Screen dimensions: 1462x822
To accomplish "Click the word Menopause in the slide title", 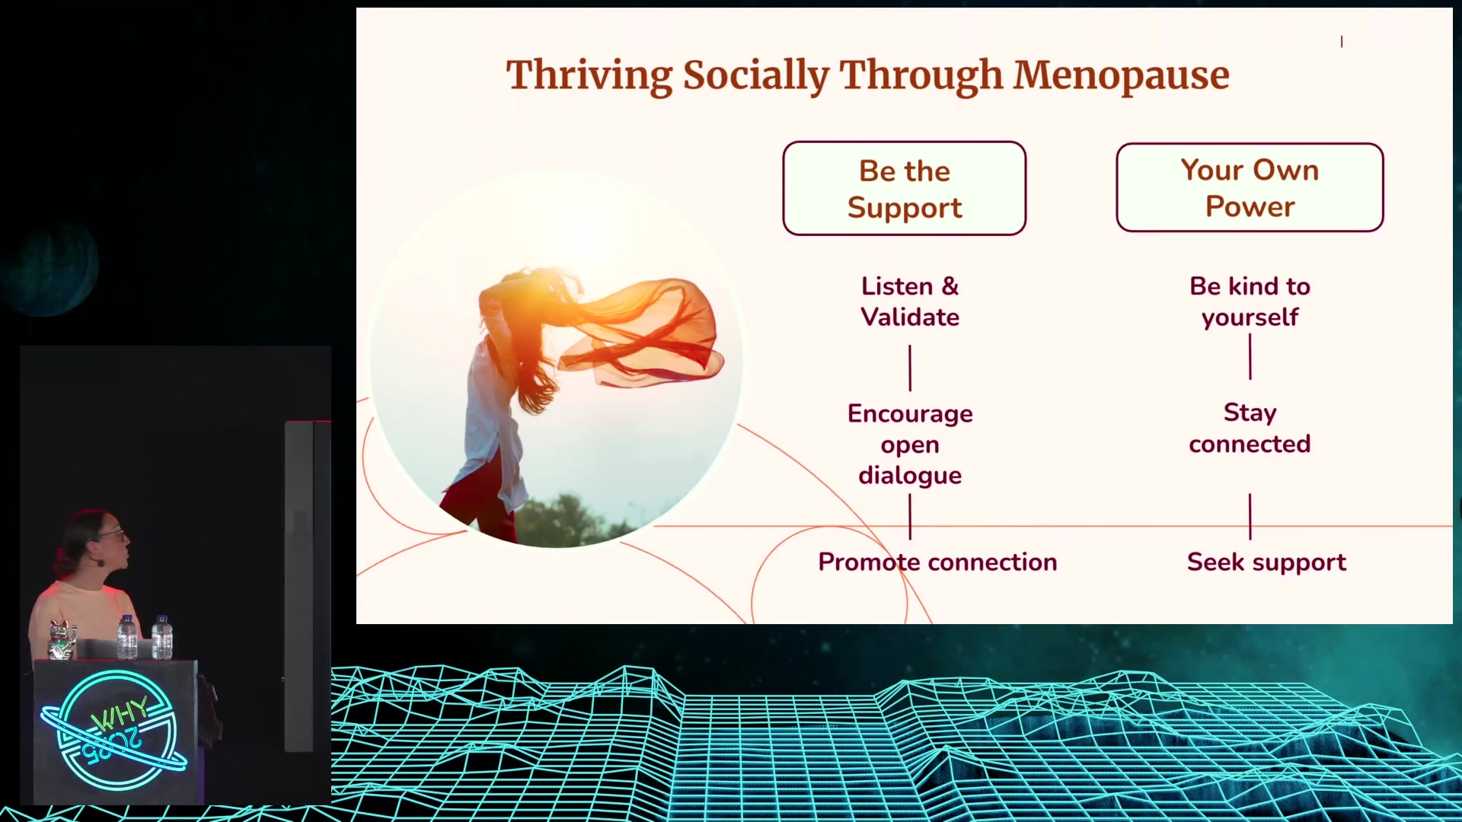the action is tap(1121, 75).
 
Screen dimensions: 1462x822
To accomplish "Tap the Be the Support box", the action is tap(905, 188).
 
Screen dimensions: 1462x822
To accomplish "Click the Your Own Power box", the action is tap(1250, 187).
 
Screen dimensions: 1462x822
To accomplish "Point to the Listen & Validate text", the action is tap(910, 301).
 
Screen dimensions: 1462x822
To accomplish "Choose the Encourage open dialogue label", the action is tap(910, 444).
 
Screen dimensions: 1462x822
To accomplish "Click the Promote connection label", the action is tap(937, 562).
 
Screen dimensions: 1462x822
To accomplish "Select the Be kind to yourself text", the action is tap(1250, 301).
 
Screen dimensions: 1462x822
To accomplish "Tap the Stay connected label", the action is tap(1250, 428).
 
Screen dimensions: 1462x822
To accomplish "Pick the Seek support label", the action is tap(1266, 562).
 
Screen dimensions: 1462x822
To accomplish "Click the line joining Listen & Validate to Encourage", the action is tap(910, 368).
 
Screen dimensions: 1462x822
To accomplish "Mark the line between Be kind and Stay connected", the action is tap(1250, 356).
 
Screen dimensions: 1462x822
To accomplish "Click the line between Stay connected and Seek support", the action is tap(1250, 517).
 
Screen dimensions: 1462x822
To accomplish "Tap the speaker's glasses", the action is tap(113, 535).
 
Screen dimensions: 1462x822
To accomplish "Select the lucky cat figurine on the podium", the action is tap(62, 639).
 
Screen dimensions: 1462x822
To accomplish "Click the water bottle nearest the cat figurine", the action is tap(127, 637).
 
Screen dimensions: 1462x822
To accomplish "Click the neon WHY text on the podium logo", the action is tap(120, 713).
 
